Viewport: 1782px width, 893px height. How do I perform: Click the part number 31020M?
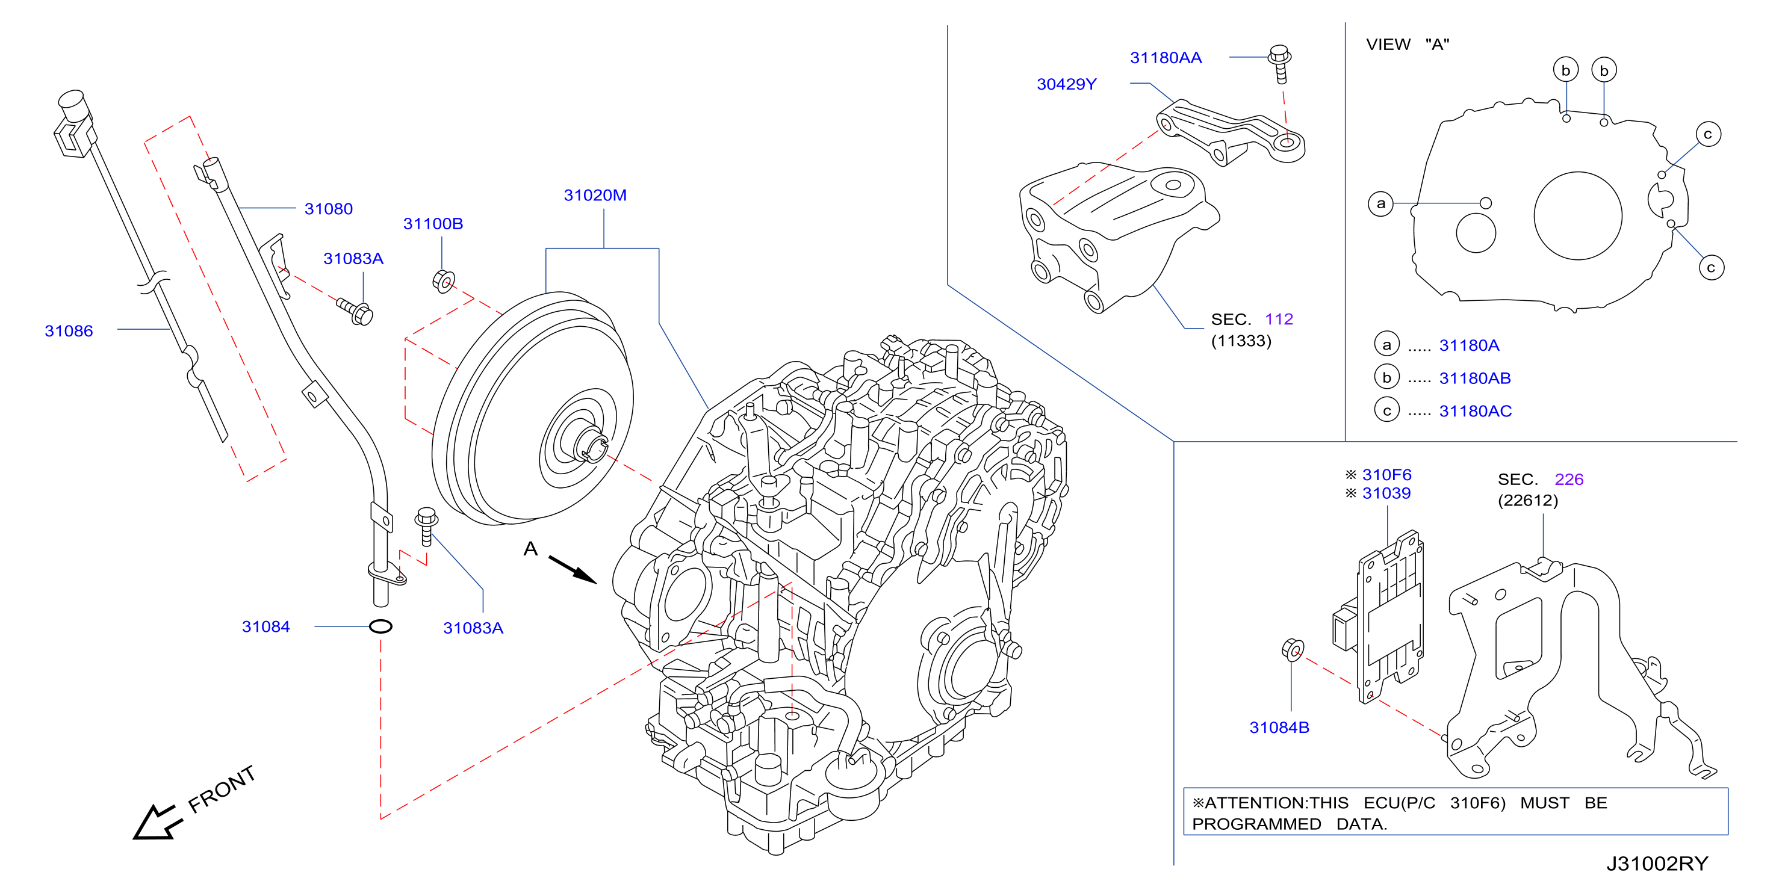(595, 195)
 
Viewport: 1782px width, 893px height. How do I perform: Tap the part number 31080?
(329, 209)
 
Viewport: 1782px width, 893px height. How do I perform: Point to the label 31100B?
(433, 223)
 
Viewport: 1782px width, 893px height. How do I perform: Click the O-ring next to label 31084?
(380, 626)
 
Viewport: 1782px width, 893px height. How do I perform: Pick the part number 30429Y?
(1066, 84)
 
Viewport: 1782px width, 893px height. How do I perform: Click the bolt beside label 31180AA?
(1280, 64)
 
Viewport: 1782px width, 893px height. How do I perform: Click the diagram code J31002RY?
(1657, 864)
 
